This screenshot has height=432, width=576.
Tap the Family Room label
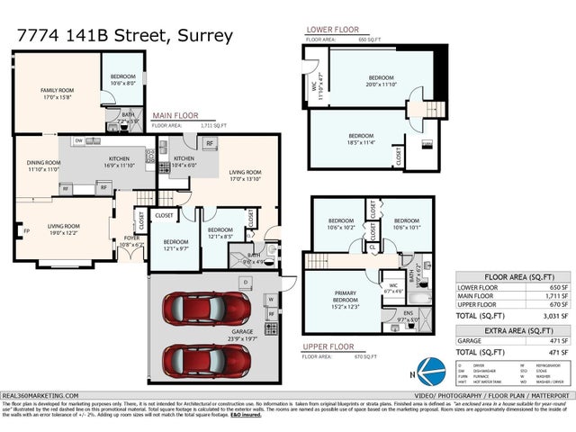pyautogui.click(x=57, y=93)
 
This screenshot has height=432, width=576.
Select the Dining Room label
pyautogui.click(x=42, y=166)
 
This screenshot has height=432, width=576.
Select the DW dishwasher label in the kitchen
pyautogui.click(x=80, y=140)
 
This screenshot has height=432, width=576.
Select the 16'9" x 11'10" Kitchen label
pyautogui.click(x=119, y=162)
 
